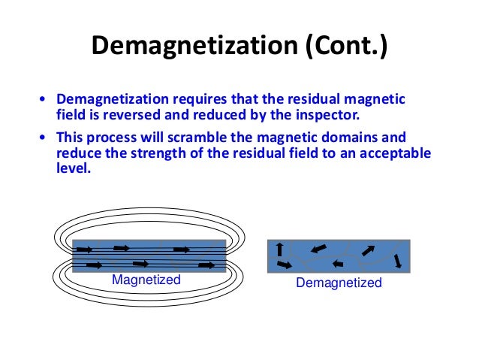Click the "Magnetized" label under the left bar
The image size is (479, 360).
point(146,280)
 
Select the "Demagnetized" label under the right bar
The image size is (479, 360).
point(339,283)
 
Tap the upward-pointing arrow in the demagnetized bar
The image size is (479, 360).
point(279,249)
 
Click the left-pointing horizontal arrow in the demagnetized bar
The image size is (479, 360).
point(338,264)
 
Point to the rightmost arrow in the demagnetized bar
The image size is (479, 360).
point(397,260)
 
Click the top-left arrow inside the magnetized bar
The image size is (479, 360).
point(84,249)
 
